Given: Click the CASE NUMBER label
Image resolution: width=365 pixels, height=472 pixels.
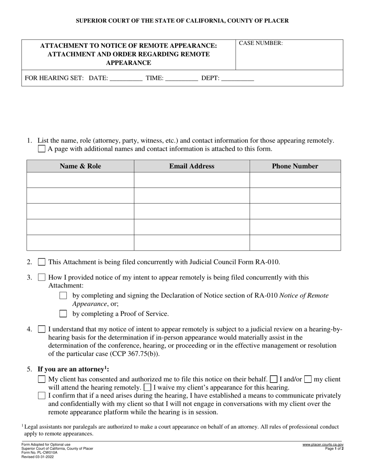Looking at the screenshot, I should click(x=261, y=43).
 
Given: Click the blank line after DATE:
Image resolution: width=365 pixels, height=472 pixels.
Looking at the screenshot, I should click(x=126, y=78).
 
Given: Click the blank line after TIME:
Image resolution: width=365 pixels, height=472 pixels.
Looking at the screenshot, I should click(x=181, y=78).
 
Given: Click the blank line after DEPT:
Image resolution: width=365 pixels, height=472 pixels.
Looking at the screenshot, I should click(x=238, y=78).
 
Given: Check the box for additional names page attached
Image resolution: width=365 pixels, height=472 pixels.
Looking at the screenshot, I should click(x=41, y=149).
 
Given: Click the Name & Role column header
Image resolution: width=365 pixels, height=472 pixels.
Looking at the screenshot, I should click(x=80, y=166).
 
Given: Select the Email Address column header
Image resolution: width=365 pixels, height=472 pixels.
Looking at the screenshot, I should click(x=192, y=166).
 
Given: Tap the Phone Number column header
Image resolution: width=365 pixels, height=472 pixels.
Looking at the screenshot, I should click(x=295, y=166).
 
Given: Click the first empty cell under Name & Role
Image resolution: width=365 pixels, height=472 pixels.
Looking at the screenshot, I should click(x=80, y=180).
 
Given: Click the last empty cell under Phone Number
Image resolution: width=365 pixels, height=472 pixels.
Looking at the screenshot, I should click(x=295, y=243).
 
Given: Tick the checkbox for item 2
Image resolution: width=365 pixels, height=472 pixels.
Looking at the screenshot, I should click(x=41, y=262).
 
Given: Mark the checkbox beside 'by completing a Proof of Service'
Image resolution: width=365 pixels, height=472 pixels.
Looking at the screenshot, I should click(x=63, y=314).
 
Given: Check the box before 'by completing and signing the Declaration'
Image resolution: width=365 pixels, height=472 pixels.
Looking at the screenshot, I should click(x=63, y=295).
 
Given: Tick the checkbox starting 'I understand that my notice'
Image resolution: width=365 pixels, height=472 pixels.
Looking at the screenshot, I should click(x=41, y=329).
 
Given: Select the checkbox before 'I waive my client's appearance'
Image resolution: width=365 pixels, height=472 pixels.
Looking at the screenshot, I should click(x=147, y=388).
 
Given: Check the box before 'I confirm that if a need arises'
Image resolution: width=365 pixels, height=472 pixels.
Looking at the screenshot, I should click(x=41, y=396).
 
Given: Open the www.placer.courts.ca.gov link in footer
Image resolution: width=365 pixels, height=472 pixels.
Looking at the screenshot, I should click(x=323, y=444).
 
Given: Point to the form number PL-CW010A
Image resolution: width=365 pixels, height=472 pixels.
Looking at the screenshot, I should click(x=40, y=452).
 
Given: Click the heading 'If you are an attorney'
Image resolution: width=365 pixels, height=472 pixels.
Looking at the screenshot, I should click(x=73, y=370).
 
